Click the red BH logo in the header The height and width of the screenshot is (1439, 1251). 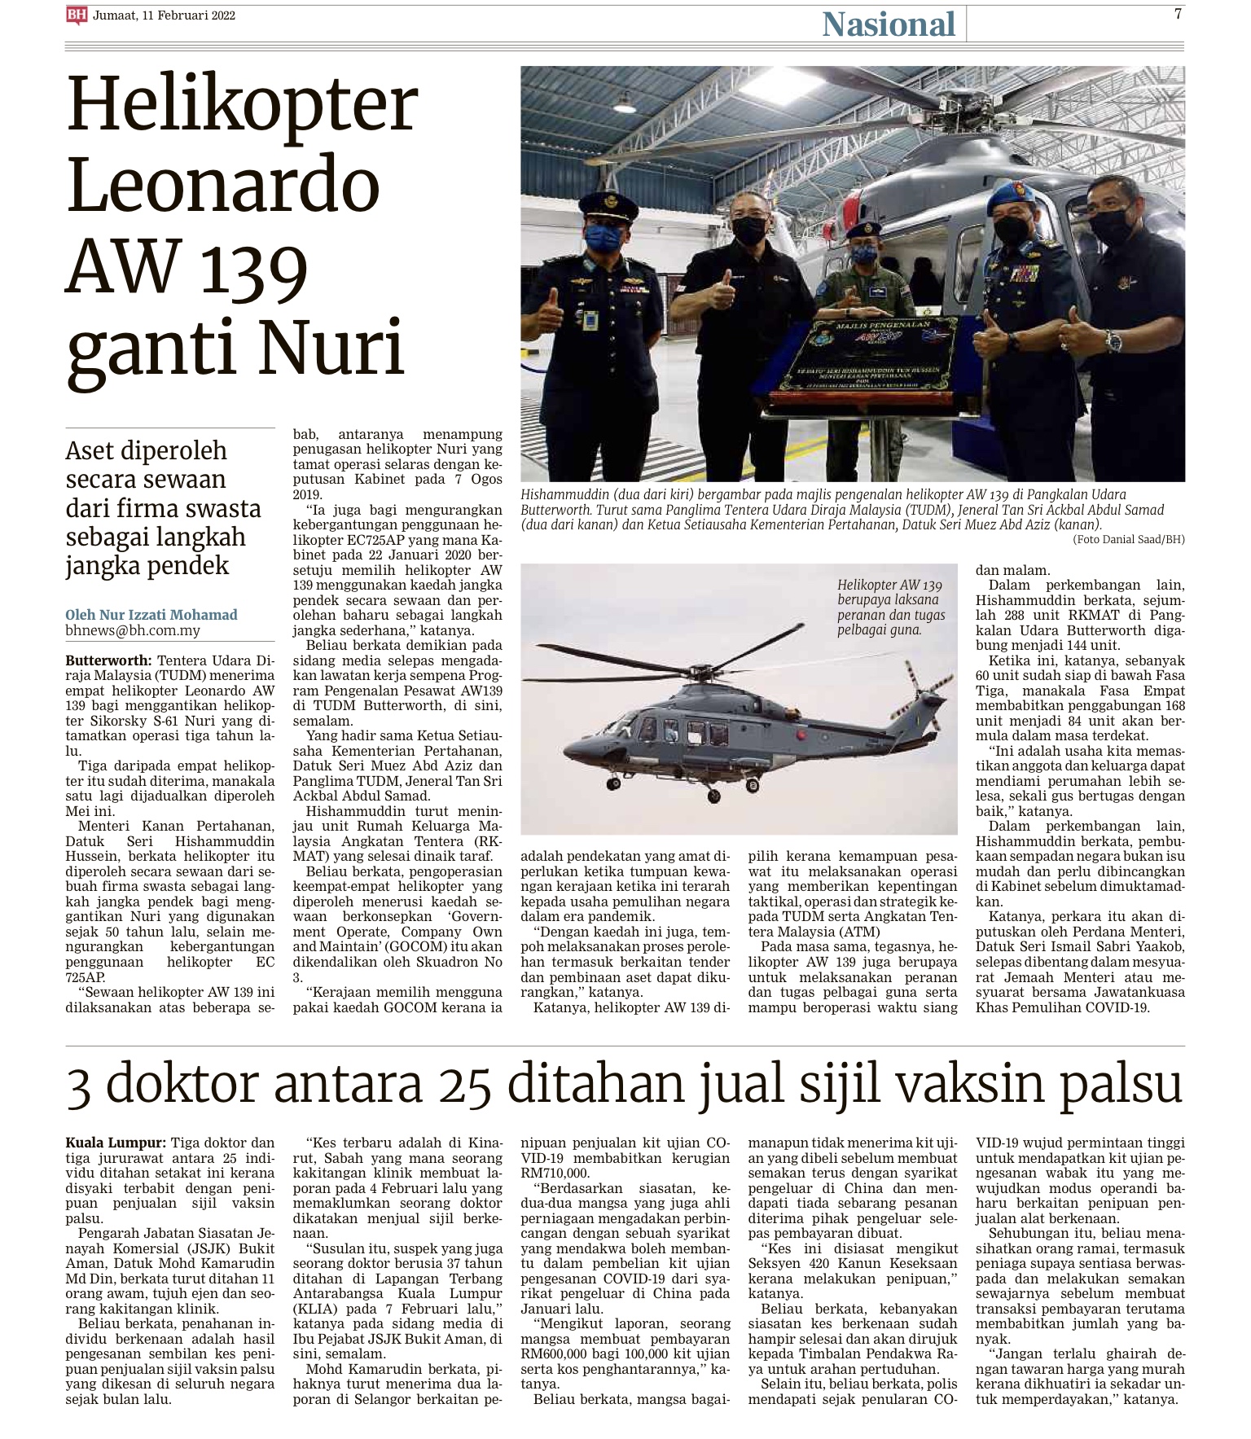pyautogui.click(x=77, y=15)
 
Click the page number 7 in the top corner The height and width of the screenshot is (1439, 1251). pyautogui.click(x=1177, y=14)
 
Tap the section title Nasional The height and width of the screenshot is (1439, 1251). pyautogui.click(x=888, y=24)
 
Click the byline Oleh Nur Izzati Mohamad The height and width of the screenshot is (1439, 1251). pyautogui.click(x=151, y=615)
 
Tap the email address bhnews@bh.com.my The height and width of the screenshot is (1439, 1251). pyautogui.click(x=133, y=630)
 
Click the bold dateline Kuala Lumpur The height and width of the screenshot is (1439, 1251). pyautogui.click(x=116, y=1143)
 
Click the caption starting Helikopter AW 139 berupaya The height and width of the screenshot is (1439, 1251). pyautogui.click(x=890, y=607)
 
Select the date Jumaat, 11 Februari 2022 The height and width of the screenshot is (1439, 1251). pyautogui.click(x=164, y=15)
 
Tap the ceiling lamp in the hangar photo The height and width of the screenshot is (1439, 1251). pyautogui.click(x=625, y=103)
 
